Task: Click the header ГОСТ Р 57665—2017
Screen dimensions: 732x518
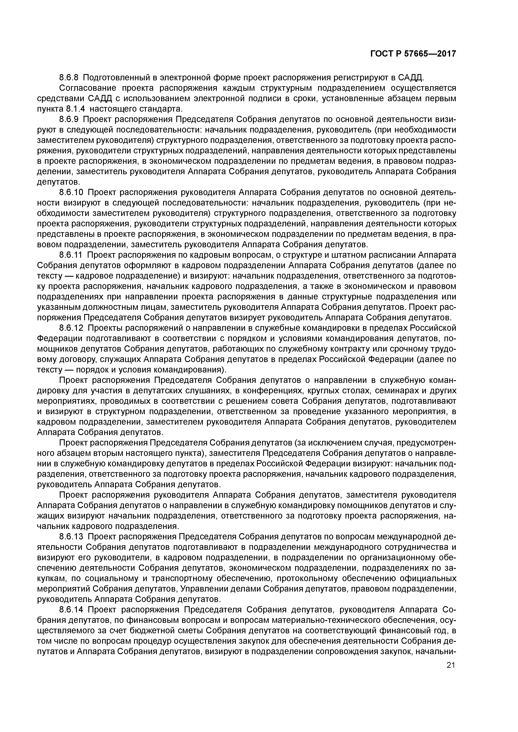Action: pos(413,54)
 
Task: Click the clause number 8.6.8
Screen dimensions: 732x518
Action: pos(69,77)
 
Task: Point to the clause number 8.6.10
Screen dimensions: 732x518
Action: pos(71,193)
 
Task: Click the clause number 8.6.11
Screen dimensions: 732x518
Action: pos(71,255)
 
